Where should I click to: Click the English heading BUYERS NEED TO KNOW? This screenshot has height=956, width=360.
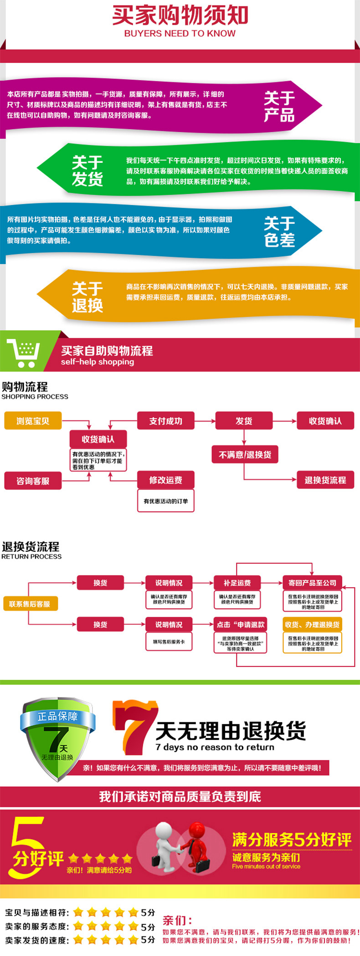coord(180,33)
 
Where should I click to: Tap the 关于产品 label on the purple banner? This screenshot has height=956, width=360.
coord(279,106)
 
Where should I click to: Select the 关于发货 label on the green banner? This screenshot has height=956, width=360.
coord(87,171)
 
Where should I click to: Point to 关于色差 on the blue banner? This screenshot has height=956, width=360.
coord(279,232)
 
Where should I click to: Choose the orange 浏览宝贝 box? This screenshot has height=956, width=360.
coord(33,421)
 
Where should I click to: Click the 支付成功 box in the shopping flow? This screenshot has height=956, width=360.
coord(165,421)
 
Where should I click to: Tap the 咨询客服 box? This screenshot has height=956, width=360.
coord(33,481)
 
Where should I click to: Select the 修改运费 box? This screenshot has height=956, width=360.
coord(165,480)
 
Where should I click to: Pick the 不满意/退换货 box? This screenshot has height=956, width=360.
coord(245,455)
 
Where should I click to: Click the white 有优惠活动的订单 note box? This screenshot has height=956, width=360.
coord(165,501)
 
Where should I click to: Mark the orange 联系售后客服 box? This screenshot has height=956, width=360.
coord(30,604)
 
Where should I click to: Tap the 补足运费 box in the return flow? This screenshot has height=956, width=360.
coord(237,583)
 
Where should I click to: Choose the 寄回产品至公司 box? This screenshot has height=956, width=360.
coord(312,583)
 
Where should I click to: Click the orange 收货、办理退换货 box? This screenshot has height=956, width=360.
coord(312,625)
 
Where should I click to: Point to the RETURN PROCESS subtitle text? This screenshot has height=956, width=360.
coord(31,557)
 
